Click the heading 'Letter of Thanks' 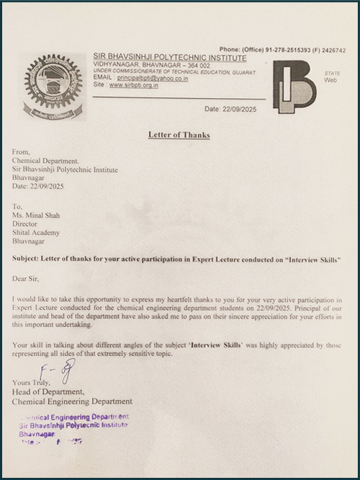coord(179,134)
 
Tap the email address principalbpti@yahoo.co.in coord(152,77)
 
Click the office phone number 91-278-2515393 coord(283,50)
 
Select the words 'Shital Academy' coord(36,232)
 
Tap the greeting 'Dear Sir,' coord(28,277)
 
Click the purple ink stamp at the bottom coord(72,428)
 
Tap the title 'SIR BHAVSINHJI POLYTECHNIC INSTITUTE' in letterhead coord(169,57)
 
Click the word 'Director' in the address coord(26,223)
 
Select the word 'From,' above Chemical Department coord(22,153)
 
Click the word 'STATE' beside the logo coord(332,74)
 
